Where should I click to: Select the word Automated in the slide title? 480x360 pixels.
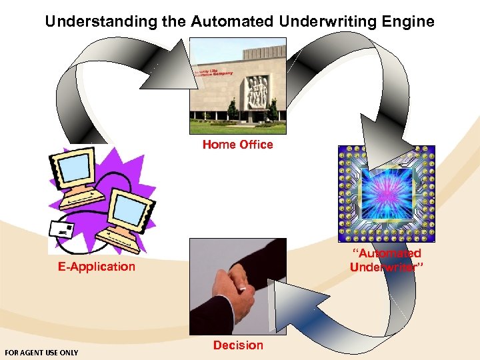[231, 21]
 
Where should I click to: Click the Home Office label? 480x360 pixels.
[238, 145]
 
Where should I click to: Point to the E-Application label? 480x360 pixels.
[96, 267]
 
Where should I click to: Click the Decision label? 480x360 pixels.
[238, 345]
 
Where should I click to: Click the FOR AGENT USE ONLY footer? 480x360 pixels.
[41, 353]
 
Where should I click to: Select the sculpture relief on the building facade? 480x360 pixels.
[257, 90]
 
